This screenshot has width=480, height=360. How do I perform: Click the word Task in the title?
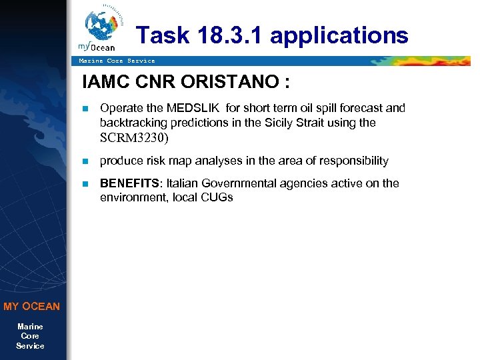click(161, 35)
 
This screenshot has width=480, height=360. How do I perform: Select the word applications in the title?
click(339, 35)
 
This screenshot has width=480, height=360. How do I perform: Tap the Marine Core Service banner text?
click(117, 61)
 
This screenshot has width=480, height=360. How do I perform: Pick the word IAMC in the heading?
click(104, 83)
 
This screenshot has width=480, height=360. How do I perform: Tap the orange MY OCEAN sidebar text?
click(31, 307)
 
